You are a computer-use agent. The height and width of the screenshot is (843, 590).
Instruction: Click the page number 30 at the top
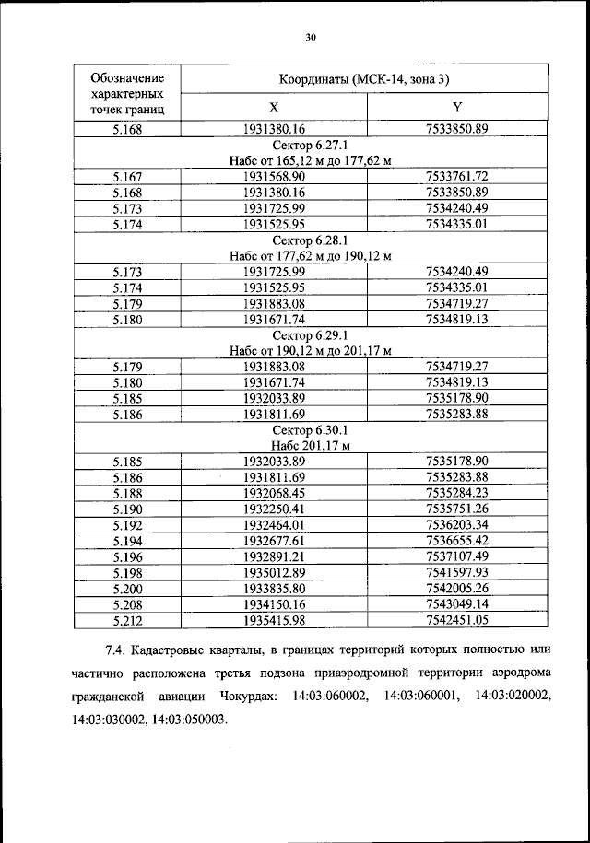coord(311,37)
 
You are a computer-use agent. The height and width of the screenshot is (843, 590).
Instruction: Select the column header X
coord(274,107)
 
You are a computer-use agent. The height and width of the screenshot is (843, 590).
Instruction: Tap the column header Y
coord(457,107)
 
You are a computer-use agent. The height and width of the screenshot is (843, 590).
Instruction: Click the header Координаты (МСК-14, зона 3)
coord(365,79)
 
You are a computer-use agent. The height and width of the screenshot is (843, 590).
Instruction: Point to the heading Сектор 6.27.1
coord(311,145)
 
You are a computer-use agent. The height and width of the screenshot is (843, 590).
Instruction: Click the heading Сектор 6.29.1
coord(311,334)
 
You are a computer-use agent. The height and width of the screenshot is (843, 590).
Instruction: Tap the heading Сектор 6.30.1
coord(311,429)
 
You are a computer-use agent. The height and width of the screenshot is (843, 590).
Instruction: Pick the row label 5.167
coord(126,175)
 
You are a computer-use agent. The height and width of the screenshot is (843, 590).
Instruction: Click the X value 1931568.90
coord(274,175)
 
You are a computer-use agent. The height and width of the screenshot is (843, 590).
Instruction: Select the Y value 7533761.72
coord(457,175)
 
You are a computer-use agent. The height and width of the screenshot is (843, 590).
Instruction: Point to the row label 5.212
coord(126,621)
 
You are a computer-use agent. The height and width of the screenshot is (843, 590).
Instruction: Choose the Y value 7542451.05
coord(457,621)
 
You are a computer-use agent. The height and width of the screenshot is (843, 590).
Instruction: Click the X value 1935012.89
coord(274,573)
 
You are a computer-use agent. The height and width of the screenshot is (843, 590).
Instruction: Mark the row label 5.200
coord(126,589)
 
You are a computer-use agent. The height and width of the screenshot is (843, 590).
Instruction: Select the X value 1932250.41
coord(274,509)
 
